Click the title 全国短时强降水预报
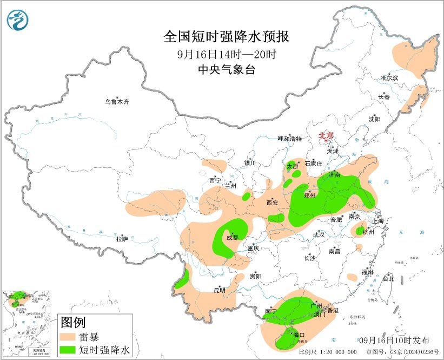227,37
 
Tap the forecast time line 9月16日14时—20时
227,54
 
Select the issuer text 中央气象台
227,70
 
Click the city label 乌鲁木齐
117,101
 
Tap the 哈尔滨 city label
389,78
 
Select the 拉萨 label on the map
122,239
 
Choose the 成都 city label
232,238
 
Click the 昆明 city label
219,291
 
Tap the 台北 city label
388,279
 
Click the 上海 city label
377,221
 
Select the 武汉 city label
319,235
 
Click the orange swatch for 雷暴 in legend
68,337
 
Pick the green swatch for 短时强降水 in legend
68,350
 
